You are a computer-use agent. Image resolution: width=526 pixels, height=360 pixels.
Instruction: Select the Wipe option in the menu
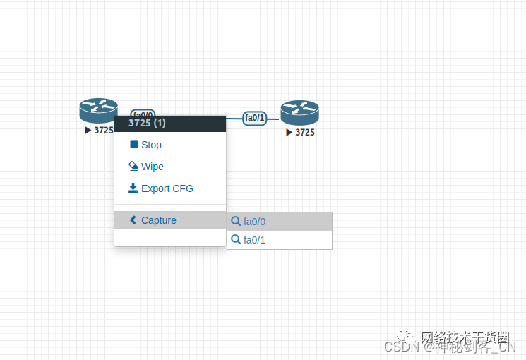152,167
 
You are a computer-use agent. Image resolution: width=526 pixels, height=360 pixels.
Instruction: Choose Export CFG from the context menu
167,188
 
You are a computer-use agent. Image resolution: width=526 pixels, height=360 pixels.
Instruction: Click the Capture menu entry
158,220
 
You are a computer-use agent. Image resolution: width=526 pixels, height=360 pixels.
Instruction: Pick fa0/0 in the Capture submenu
254,222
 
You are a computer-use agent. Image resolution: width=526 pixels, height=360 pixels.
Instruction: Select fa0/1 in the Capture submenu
254,240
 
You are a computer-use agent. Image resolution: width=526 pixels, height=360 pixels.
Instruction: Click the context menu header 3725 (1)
147,123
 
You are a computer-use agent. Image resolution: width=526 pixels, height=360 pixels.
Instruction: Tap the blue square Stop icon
133,144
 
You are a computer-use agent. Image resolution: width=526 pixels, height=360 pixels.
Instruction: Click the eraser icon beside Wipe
133,166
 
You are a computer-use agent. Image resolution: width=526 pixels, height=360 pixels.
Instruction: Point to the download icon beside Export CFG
133,188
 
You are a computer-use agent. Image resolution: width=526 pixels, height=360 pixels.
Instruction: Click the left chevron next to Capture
133,220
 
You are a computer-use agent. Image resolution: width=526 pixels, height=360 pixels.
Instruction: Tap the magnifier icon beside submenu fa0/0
236,221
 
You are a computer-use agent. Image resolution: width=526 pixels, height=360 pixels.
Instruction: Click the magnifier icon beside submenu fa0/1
236,239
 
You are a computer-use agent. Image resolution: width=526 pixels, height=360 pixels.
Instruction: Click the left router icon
98,110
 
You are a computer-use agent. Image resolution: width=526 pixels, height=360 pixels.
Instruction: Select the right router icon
299,112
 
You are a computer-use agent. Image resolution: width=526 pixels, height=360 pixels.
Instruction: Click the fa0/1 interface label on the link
255,118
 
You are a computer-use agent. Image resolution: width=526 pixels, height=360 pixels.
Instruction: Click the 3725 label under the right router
304,132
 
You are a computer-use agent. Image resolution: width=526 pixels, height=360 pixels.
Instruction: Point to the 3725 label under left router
103,130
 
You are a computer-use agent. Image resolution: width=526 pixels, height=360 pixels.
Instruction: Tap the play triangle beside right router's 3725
289,132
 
